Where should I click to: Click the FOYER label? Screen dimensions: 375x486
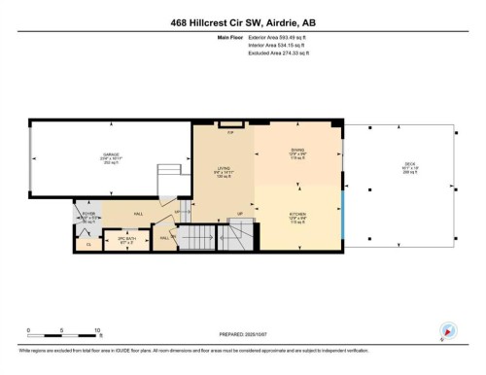pos(87,218)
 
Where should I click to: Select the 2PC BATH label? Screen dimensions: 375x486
pos(125,237)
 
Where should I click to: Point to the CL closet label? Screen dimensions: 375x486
pos(87,243)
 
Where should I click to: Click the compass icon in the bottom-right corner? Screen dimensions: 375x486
pos(448,331)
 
